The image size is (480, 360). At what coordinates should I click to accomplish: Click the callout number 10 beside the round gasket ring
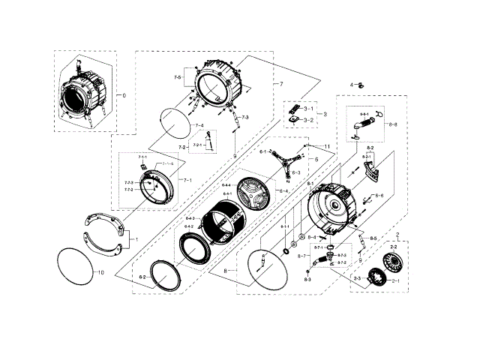102,272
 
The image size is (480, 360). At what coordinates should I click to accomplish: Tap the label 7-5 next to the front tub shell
178,78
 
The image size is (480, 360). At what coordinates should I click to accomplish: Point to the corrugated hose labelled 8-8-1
365,120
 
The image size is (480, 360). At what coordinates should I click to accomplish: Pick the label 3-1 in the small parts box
309,109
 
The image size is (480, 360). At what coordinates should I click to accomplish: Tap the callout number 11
327,145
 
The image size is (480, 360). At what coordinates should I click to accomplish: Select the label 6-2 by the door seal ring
142,277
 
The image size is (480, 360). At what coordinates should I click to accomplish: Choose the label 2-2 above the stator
394,247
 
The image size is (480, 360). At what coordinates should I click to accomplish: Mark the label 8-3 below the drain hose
307,279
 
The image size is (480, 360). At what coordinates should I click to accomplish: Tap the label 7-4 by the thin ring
199,125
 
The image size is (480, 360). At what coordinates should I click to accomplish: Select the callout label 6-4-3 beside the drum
190,218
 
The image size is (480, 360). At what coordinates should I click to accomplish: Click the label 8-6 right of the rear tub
379,196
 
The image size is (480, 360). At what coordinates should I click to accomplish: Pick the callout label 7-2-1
198,145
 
